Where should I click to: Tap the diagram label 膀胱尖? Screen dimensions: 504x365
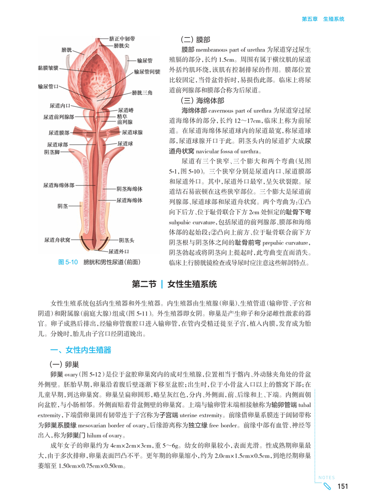click(x=119, y=46)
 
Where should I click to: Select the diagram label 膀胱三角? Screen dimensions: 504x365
click(x=142, y=93)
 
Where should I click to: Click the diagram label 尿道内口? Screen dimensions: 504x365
click(x=60, y=106)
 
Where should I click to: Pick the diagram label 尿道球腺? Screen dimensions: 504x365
click(x=132, y=132)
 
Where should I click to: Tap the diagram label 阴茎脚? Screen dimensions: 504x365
click(x=52, y=152)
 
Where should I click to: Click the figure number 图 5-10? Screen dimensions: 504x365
click(x=68, y=262)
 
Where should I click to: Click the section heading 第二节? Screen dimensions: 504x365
click(x=144, y=284)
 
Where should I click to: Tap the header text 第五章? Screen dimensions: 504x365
click(x=309, y=19)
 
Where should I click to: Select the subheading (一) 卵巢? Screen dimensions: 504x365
click(x=64, y=363)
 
